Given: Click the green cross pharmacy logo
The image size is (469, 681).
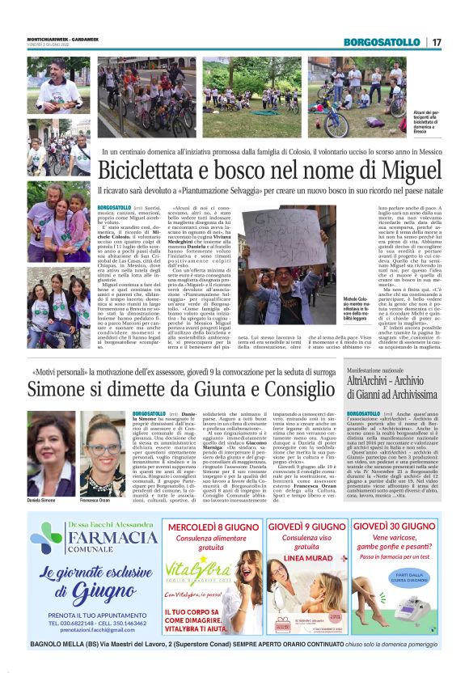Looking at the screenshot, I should tap(46, 538).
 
